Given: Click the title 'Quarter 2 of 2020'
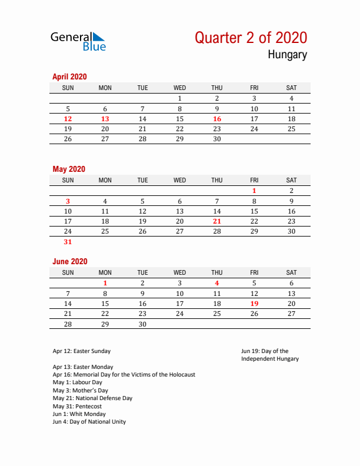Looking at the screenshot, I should [x=251, y=38].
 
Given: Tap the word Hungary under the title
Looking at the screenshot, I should [x=287, y=55].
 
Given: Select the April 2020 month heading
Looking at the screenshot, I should [x=69, y=76].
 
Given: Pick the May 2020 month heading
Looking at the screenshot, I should [x=69, y=169].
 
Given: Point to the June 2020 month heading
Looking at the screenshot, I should [x=69, y=261].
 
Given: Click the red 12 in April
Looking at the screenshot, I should [x=68, y=119].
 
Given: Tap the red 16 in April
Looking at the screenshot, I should [x=217, y=119].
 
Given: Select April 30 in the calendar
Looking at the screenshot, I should [x=217, y=139].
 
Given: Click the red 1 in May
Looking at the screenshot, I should [x=254, y=191].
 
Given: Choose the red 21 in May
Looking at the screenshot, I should [x=217, y=221].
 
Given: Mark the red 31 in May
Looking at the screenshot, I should [x=68, y=242].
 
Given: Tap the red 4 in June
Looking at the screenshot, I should [x=217, y=283].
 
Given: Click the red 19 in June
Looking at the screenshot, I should [x=254, y=304].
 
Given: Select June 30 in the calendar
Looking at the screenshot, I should [x=142, y=324].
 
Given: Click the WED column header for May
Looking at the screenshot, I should [x=180, y=180].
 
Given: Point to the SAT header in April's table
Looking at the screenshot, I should [x=291, y=88].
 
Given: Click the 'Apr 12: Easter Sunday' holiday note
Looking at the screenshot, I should [x=81, y=351].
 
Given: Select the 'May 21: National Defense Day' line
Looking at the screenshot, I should [x=92, y=398].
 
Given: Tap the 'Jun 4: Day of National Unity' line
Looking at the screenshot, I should [x=89, y=422].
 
